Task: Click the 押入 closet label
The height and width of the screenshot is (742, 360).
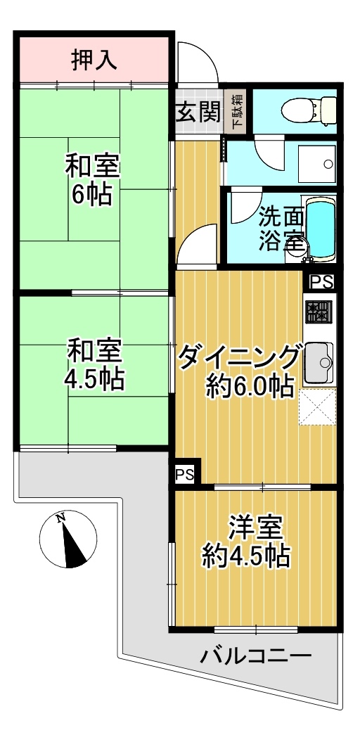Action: pyautogui.click(x=95, y=60)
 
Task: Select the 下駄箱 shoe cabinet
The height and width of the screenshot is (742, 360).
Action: pyautogui.click(x=236, y=112)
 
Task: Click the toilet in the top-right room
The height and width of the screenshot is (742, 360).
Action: pyautogui.click(x=308, y=110)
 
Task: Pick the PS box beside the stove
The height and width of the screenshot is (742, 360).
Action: pyautogui.click(x=322, y=281)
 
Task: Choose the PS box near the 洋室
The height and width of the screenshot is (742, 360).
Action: pyautogui.click(x=185, y=474)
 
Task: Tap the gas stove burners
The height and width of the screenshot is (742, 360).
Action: pyautogui.click(x=319, y=312)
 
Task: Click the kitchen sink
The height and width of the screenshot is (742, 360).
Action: pyautogui.click(x=319, y=362)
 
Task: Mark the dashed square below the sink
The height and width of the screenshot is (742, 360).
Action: pyautogui.click(x=317, y=407)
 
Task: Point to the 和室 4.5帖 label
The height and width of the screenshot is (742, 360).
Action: pyautogui.click(x=95, y=364)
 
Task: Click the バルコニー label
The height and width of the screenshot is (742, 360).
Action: pyautogui.click(x=255, y=656)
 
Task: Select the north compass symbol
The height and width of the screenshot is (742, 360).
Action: pyautogui.click(x=68, y=539)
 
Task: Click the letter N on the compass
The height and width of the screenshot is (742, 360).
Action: pyautogui.click(x=60, y=518)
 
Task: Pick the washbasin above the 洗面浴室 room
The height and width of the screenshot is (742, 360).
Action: pyautogui.click(x=316, y=163)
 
